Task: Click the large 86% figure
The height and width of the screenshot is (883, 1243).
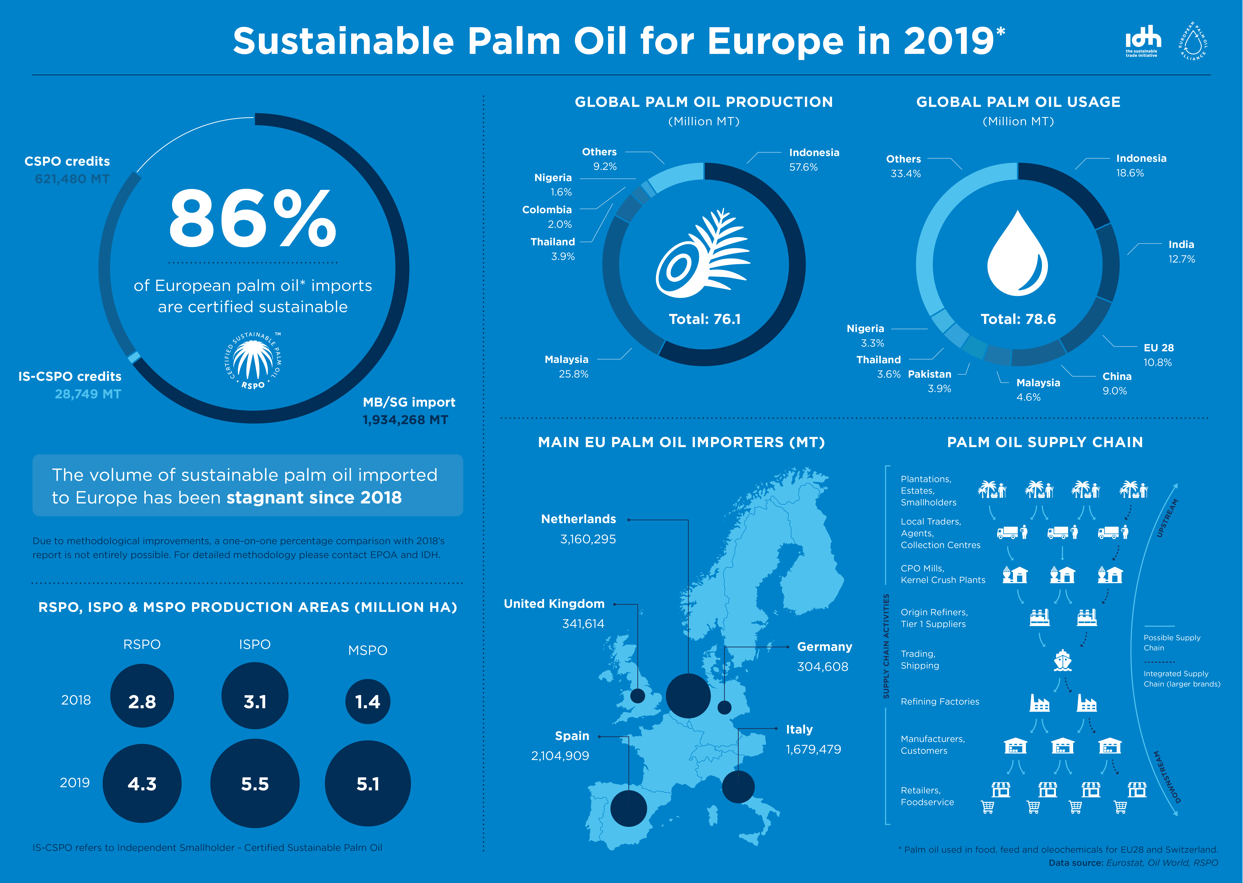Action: click(253, 219)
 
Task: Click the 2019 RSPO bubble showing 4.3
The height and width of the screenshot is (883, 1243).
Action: click(142, 784)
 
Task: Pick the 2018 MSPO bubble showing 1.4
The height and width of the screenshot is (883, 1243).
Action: click(367, 701)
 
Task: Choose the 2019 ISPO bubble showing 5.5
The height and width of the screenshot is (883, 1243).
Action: click(255, 784)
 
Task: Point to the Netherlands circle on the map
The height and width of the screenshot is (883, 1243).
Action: click(688, 695)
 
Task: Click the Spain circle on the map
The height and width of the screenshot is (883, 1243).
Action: click(629, 808)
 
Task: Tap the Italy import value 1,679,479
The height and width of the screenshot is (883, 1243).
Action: click(813, 749)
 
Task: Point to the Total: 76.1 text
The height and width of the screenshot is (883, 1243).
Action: click(704, 319)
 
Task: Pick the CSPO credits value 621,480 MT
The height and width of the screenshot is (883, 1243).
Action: click(72, 179)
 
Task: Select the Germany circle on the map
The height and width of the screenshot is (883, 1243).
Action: click(725, 707)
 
